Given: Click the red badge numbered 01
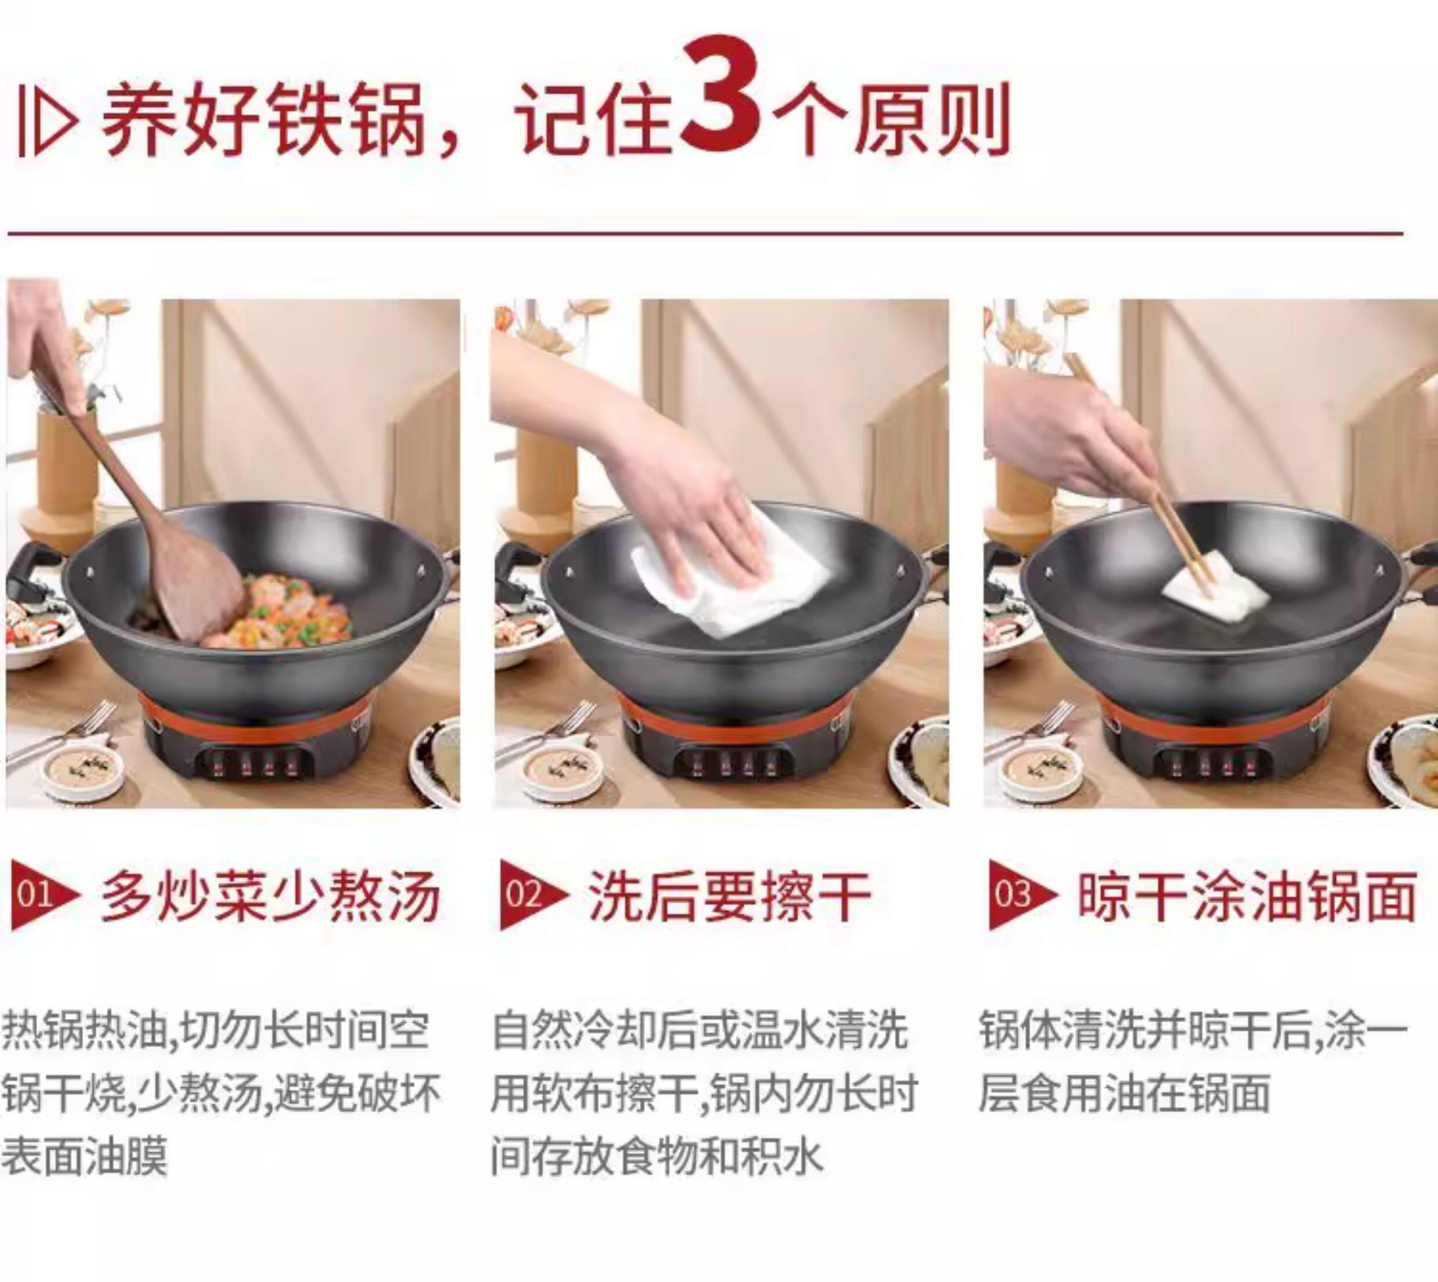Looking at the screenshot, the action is tap(42, 895).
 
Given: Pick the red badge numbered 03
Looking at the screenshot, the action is tap(1022, 895).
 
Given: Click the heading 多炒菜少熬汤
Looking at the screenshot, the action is tap(271, 896).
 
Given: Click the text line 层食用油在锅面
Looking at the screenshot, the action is tap(1123, 1092).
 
